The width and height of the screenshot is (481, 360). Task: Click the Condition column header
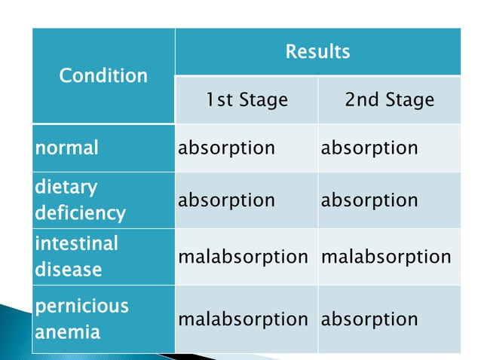point(103,75)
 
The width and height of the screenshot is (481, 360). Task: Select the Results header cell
point(317,52)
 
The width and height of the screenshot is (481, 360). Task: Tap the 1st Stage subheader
point(247,99)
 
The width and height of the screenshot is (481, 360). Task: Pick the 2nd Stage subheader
point(389,99)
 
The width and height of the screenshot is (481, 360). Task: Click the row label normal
point(66,147)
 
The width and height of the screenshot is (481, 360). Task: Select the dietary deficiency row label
point(80,200)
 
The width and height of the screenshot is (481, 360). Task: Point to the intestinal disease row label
point(76,256)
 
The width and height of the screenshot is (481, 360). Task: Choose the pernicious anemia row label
point(81,319)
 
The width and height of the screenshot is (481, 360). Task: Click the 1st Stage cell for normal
point(226,147)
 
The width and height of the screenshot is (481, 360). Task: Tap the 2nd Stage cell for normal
point(369,147)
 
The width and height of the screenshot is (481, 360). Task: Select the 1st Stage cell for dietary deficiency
point(226,200)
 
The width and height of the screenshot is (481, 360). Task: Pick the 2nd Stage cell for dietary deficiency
point(369,200)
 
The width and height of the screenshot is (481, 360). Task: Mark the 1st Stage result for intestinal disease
point(243,256)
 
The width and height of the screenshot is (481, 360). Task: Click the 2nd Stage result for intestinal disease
point(386,256)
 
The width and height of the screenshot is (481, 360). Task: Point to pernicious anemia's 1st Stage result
point(243,319)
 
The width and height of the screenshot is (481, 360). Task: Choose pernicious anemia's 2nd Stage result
point(369,319)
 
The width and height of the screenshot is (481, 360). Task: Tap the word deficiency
point(80,213)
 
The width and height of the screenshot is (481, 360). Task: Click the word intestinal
point(76,243)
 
